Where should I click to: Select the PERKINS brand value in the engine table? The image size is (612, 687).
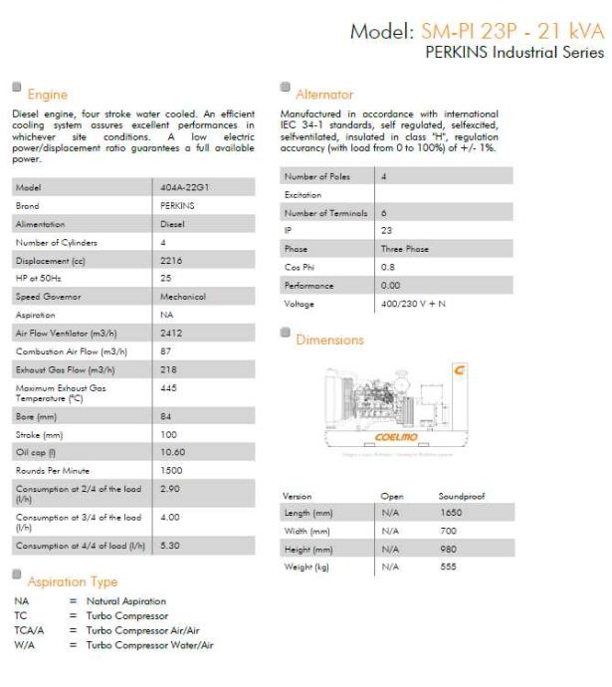click(177, 205)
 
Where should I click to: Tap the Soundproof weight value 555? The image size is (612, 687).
click(449, 566)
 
